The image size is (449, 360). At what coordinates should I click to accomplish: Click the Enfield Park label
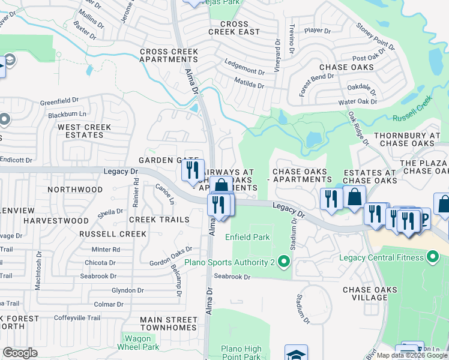[247, 237]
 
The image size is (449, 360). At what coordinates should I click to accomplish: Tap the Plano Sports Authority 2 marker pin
[285, 262]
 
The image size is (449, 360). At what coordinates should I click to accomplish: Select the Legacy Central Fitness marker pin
[433, 258]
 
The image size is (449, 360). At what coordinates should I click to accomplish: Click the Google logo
[20, 353]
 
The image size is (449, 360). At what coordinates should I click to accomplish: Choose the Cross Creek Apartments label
[169, 56]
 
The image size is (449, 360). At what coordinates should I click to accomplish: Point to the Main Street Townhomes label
[169, 323]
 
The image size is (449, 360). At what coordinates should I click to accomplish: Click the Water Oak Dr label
[358, 102]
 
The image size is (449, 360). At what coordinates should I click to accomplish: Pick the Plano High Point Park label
[241, 353]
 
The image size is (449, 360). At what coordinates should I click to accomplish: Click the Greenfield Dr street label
[59, 100]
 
